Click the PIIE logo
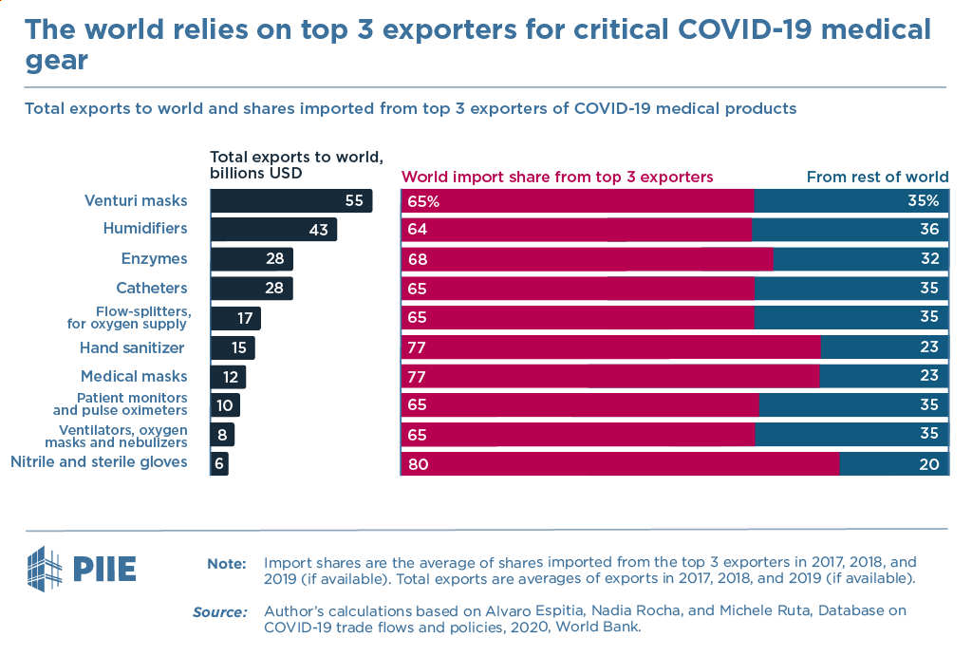[82, 568]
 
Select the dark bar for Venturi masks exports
[290, 201]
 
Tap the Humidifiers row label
[145, 229]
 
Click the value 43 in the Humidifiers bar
[317, 230]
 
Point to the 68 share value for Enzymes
[417, 259]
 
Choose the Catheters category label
[152, 289]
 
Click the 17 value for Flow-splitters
[244, 318]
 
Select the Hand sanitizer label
[132, 348]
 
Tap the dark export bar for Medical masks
[228, 377]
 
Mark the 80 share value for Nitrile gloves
[417, 464]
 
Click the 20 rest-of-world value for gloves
[928, 464]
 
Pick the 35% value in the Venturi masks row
[922, 201]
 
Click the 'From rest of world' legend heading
[877, 177]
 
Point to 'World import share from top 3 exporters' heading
[557, 177]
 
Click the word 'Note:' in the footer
[227, 563]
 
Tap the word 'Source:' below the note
[220, 612]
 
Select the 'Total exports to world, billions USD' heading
[295, 165]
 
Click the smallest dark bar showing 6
[219, 464]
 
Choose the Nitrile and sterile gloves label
[99, 462]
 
